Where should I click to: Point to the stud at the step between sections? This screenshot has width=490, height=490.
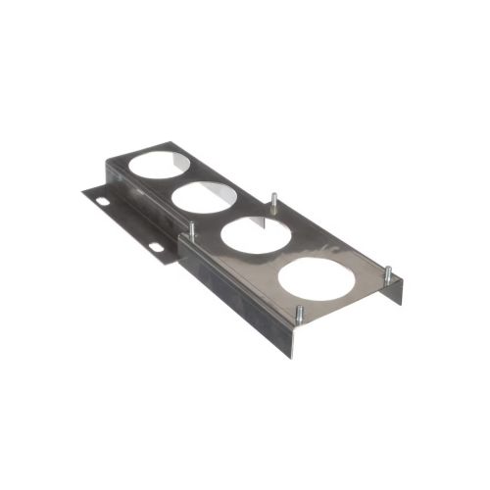[192, 230]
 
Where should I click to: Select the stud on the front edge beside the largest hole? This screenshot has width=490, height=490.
[297, 317]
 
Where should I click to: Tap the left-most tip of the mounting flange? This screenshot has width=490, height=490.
[84, 190]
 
